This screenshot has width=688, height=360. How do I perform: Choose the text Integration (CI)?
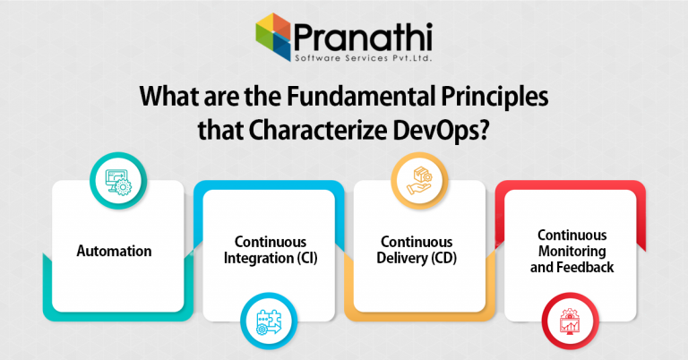(271, 258)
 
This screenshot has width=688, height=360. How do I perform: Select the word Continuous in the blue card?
(271, 242)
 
